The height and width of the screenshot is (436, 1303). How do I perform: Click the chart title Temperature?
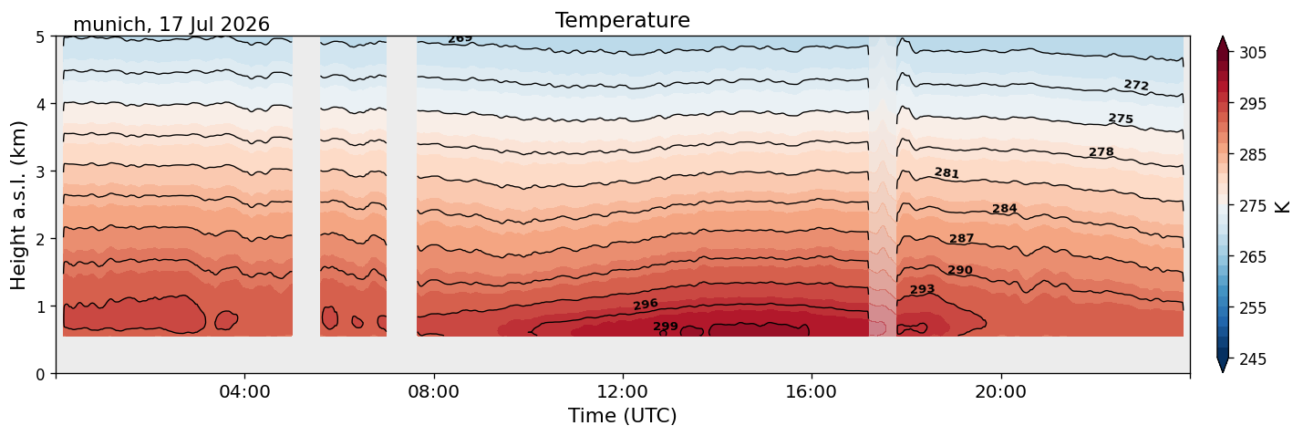click(623, 20)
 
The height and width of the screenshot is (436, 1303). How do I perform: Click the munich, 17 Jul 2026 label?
click(171, 25)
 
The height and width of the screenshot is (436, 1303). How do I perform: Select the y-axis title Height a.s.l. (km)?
click(18, 205)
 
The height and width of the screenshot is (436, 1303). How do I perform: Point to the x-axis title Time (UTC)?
click(623, 416)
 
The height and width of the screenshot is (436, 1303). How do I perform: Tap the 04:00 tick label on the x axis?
click(244, 391)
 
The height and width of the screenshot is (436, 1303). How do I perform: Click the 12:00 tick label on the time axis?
click(623, 391)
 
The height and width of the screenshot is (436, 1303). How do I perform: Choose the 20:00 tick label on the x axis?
click(1000, 391)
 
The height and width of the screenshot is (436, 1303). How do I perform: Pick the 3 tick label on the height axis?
click(40, 171)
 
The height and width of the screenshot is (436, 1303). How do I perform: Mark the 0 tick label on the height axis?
click(40, 374)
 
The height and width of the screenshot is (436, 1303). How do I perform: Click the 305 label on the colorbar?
click(1253, 53)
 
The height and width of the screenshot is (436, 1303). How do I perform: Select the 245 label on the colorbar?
click(1253, 359)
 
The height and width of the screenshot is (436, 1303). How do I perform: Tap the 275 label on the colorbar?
click(1253, 206)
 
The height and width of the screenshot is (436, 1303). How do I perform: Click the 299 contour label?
click(666, 326)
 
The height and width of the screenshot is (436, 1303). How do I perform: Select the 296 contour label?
click(646, 305)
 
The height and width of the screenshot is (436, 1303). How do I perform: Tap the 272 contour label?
click(1136, 85)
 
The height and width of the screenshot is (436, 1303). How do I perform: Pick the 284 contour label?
click(1005, 208)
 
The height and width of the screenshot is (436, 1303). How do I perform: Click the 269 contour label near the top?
click(460, 39)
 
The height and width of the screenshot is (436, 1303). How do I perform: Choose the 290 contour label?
click(960, 269)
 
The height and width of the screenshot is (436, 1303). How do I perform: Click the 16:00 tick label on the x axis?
click(812, 391)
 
